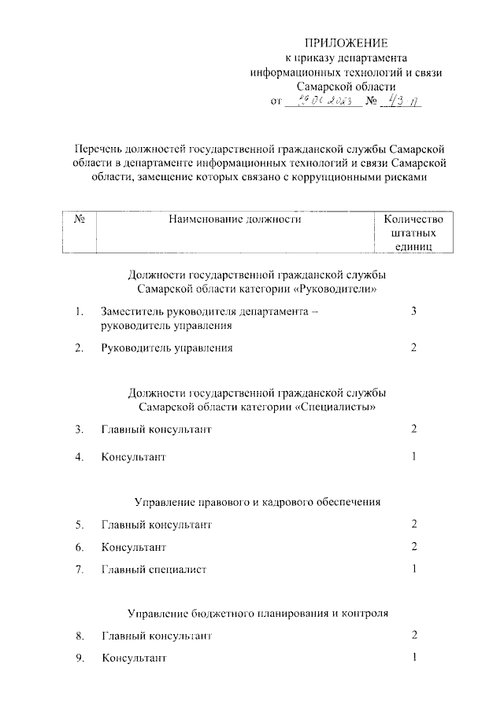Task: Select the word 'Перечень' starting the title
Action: [x=98, y=149]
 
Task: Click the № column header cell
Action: [x=79, y=220]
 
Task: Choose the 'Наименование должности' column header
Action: [x=235, y=220]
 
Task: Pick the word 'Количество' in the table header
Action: [x=413, y=220]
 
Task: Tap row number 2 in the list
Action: [x=79, y=348]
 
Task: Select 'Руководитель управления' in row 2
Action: [x=166, y=348]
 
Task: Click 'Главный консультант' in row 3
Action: [x=156, y=430]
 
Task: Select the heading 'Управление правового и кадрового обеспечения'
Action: [x=258, y=500]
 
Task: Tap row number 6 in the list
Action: [x=79, y=547]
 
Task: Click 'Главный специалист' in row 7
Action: [x=154, y=570]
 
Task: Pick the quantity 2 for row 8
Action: [x=413, y=634]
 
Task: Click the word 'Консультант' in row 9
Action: [x=133, y=658]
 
